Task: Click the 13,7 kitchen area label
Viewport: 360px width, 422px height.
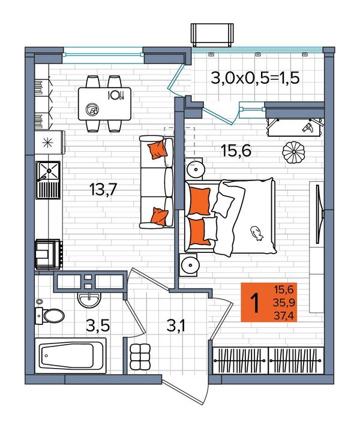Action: (x=103, y=189)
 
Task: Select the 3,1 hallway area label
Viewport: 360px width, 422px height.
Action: (x=176, y=326)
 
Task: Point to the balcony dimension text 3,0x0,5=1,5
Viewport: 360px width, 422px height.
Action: (x=255, y=79)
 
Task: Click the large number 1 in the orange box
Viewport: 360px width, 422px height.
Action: (x=254, y=303)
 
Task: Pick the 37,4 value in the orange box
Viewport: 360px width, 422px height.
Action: (x=284, y=315)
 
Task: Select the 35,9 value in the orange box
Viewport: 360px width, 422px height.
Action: (x=284, y=303)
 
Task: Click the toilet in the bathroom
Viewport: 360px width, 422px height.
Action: (x=50, y=315)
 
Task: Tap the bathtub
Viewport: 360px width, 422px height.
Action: (x=71, y=356)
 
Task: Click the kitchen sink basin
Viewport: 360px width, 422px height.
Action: (x=49, y=171)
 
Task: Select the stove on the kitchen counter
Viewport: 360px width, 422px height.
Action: (x=49, y=254)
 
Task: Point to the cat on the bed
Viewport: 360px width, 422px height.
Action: (x=256, y=233)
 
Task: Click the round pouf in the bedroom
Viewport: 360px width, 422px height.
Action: (x=293, y=152)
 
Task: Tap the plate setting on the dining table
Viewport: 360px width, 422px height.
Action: (x=116, y=95)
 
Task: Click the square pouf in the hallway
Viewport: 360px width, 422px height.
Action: (x=140, y=357)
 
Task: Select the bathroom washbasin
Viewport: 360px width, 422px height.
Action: (x=89, y=300)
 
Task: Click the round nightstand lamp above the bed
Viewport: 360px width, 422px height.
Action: (x=196, y=170)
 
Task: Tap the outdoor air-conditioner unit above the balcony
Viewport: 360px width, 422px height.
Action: (x=212, y=34)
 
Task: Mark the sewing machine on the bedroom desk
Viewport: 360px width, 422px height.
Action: (x=308, y=127)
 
